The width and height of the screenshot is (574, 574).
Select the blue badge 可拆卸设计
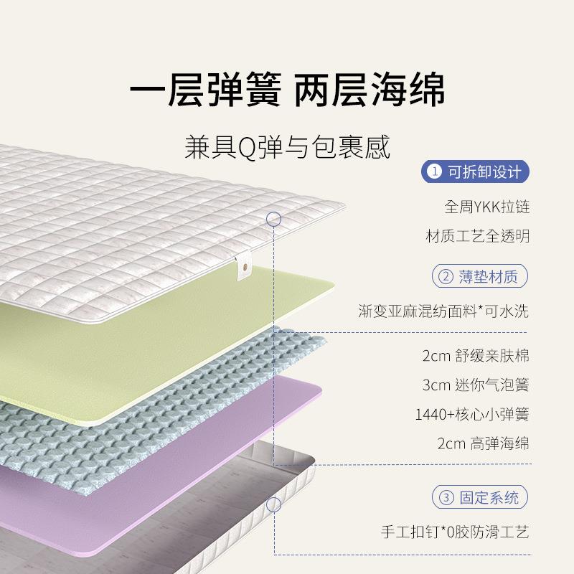tap(476, 172)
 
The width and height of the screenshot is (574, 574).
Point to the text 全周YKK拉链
tap(486, 207)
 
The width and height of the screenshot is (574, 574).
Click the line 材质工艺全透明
tap(477, 236)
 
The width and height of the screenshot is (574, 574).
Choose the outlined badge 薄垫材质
tap(479, 276)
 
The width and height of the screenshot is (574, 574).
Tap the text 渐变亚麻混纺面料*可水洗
tap(443, 311)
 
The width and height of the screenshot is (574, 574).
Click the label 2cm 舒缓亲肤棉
tap(476, 355)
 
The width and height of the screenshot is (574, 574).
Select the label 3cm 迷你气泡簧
tap(476, 385)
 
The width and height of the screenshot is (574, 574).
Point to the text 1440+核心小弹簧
tap(471, 414)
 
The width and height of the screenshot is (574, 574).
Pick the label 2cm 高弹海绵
tap(483, 443)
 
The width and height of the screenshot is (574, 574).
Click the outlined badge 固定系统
tap(479, 497)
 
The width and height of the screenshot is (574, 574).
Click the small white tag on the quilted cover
tap(244, 271)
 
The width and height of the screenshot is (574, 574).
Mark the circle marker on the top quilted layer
tap(273, 219)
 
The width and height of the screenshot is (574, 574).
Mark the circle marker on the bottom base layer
tap(273, 504)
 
